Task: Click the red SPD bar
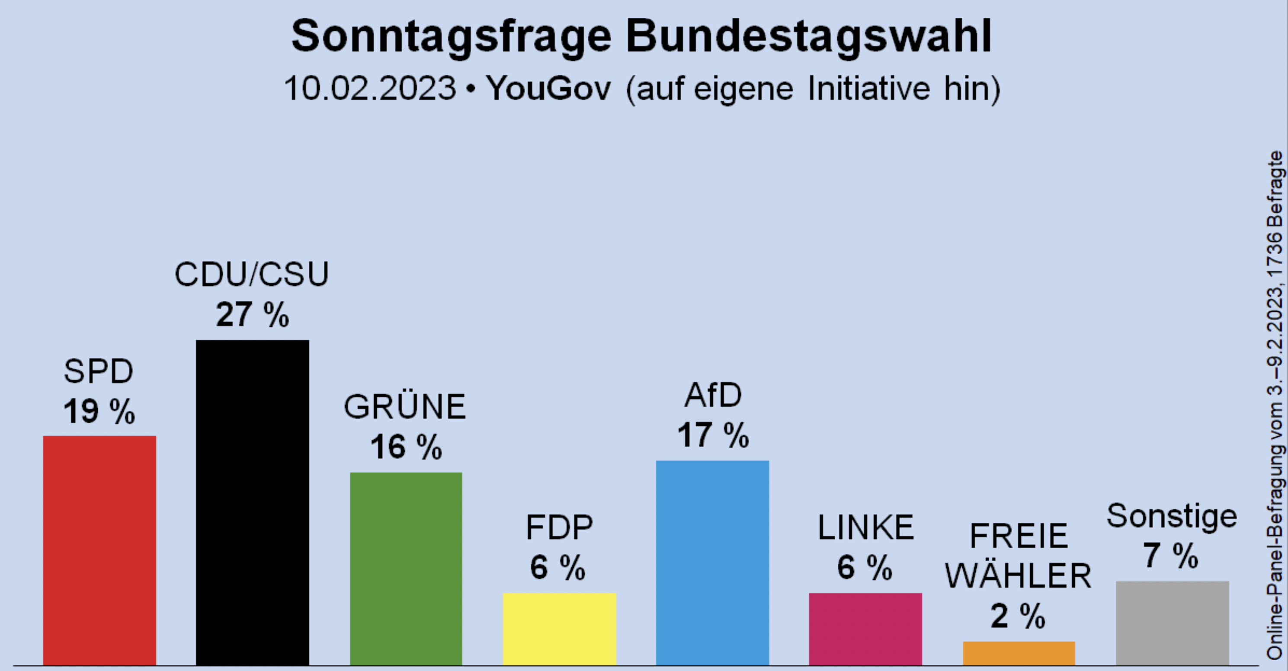[99, 550]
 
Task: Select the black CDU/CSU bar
[253, 502]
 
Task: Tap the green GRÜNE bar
[406, 569]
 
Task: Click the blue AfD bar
[712, 562]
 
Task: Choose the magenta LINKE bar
[865, 629]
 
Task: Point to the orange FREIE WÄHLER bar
[1019, 653]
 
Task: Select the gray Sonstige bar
[1173, 623]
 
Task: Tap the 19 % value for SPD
[99, 412]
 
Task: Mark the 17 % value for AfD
[713, 435]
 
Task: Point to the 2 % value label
[1018, 616]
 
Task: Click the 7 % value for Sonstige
[1171, 556]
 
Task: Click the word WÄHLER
[1018, 576]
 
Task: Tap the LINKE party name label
[866, 527]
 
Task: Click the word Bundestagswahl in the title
[808, 36]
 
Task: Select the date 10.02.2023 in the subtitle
[370, 89]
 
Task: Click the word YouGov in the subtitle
[548, 89]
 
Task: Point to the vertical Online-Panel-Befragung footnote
[1276, 405]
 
